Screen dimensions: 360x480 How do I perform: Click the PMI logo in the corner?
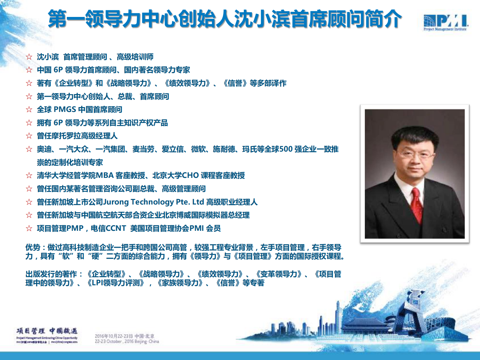point(445,22)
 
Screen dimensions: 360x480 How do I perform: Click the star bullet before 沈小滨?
point(29,57)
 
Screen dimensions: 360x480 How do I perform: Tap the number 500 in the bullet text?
point(286,149)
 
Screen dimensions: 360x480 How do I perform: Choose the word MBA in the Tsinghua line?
point(105,175)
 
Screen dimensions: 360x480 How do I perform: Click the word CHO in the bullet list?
point(190,175)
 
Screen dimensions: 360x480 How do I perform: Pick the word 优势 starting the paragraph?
point(33,247)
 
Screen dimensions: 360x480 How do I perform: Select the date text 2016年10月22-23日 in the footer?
point(114,336)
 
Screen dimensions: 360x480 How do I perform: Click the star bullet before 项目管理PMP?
point(29,228)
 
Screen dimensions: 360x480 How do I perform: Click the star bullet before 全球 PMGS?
point(29,110)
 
